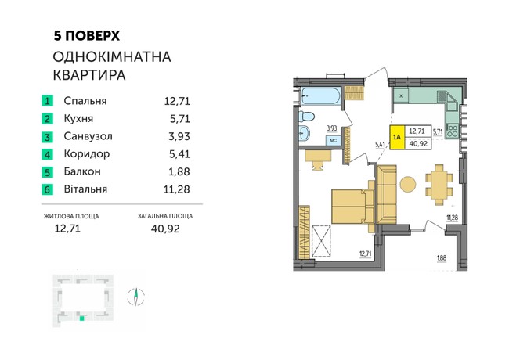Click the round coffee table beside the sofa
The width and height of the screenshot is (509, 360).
[409, 185]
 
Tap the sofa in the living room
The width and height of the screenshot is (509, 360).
[387, 195]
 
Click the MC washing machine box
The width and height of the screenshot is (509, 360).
[333, 142]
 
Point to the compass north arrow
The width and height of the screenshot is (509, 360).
[135, 297]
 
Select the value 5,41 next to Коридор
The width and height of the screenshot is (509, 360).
[179, 154]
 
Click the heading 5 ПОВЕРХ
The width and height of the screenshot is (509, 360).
[86, 35]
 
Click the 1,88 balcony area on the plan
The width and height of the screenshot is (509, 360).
[443, 257]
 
